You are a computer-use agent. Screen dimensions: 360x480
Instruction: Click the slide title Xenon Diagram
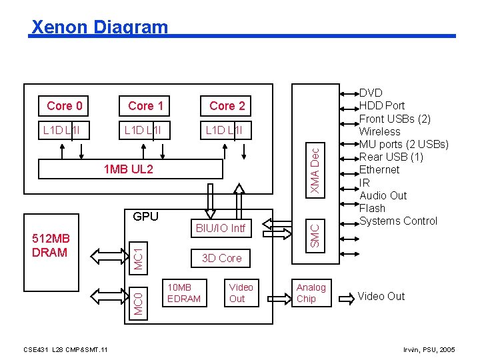100,27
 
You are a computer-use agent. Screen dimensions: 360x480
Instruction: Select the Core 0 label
65,105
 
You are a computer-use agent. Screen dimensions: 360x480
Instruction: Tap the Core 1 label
145,105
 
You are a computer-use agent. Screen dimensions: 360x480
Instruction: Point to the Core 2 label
227,105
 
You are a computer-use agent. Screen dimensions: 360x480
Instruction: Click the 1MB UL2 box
129,169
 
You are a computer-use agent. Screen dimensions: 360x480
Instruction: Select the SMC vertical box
316,237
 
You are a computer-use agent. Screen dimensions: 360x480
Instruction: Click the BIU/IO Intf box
220,229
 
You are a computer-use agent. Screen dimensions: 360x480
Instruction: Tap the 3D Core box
221,258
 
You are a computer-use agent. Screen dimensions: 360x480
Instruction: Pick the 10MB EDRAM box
183,293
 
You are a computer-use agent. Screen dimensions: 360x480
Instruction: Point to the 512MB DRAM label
50,245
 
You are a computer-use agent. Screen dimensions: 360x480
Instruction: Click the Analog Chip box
311,293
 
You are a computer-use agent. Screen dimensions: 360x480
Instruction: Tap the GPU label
145,216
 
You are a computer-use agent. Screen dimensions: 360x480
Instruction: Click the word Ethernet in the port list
379,169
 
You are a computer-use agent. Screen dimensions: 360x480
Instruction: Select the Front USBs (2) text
395,119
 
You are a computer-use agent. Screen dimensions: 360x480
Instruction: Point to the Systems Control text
398,221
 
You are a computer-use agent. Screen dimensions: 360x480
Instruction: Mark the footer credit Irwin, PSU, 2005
430,349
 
